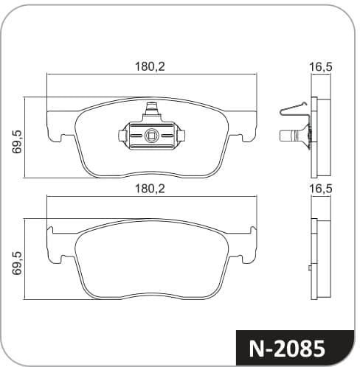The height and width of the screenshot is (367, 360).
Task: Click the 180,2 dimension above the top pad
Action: click(x=150, y=66)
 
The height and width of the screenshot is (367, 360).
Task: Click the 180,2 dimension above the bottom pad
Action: click(x=150, y=189)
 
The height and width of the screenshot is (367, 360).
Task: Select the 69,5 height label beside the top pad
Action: click(x=17, y=141)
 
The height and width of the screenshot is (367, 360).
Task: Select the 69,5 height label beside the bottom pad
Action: click(x=17, y=263)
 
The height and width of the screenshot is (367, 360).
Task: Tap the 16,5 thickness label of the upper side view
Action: click(x=321, y=67)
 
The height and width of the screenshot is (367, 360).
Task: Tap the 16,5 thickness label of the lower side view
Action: click(x=321, y=189)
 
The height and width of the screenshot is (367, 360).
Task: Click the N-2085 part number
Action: click(x=287, y=349)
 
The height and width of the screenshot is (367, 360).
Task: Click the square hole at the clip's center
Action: click(x=151, y=136)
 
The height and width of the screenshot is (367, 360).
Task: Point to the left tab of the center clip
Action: click(x=122, y=136)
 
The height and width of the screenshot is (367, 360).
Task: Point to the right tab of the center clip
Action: click(x=181, y=136)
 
